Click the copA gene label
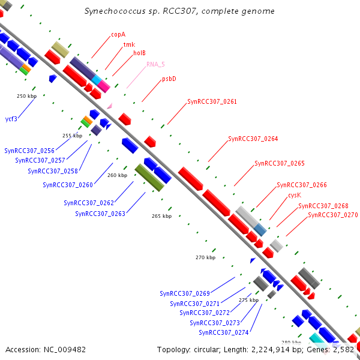coord(118,34)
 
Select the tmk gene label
coord(129,44)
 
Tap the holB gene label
coord(139,53)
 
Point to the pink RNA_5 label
coord(155,64)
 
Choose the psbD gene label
coord(169,79)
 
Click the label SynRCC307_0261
coord(212,101)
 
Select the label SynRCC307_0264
coord(253,139)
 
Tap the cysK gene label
coord(294,195)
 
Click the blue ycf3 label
coord(11,119)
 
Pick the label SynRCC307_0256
coord(29,151)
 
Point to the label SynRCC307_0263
coord(100,213)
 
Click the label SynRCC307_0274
coord(224,332)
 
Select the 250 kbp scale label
coord(26,96)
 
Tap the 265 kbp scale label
coord(161,216)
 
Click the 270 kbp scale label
coord(205,257)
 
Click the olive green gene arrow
coord(149,178)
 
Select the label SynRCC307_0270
coord(332,214)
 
